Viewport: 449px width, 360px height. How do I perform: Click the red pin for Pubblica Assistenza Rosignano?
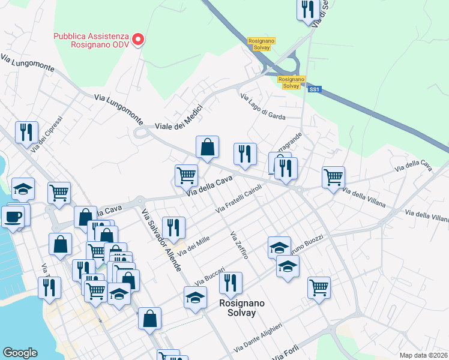coord(138,40)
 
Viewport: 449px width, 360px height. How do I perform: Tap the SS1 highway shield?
coord(315,89)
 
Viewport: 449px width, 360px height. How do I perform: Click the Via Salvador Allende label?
coord(161,240)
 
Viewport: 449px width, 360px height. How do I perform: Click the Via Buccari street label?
coord(210,276)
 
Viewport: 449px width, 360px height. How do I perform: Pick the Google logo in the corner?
coord(20,353)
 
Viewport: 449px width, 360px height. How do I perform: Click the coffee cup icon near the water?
coord(13,216)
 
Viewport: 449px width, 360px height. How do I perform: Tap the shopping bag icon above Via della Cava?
coord(207,146)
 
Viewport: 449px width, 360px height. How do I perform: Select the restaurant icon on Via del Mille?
coord(173,227)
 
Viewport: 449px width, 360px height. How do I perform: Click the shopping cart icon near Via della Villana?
coord(333,177)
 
